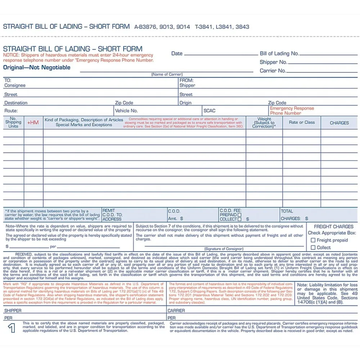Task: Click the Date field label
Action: point(177,54)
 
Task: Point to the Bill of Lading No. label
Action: point(279,54)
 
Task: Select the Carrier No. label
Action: point(273,71)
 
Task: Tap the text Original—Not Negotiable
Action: point(37,68)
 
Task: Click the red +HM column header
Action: point(33,123)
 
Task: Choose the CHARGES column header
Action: point(339,123)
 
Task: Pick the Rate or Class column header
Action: point(302,122)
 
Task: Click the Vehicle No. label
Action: point(126,111)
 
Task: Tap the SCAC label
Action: point(210,111)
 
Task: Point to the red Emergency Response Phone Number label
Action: point(292,111)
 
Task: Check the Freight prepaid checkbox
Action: point(313,240)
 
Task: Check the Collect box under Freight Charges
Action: point(313,247)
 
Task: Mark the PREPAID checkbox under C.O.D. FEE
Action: point(239,215)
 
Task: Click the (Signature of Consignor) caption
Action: point(224,249)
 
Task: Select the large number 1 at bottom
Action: point(12,328)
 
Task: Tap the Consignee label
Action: point(15,86)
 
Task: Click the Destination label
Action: point(16,103)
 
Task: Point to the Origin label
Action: point(185,103)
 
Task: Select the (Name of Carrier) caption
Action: point(167,75)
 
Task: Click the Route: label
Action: point(11,111)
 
